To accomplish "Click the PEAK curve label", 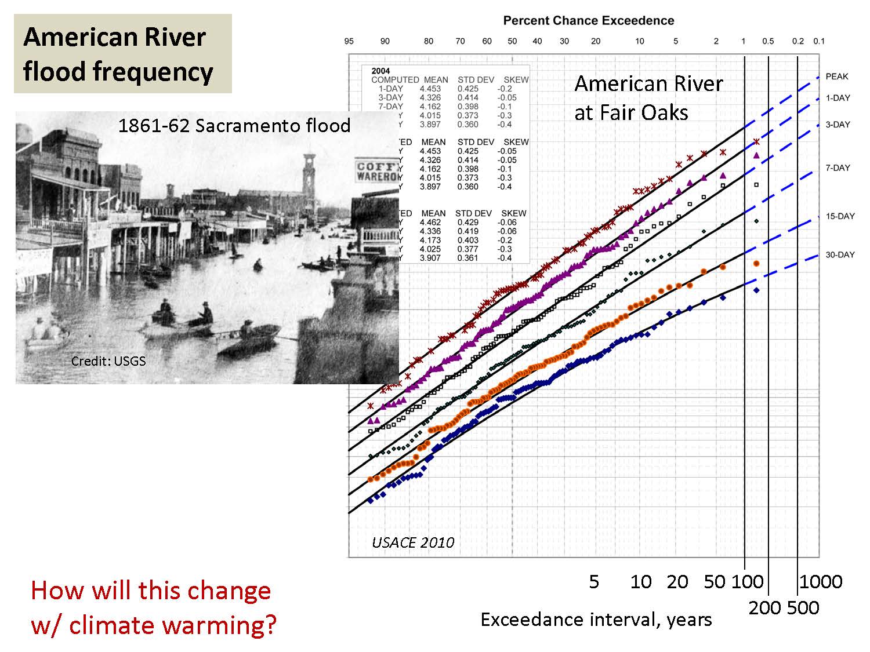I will (x=836, y=77).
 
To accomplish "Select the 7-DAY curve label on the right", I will (x=838, y=168).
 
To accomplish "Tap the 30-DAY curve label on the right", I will (x=840, y=255).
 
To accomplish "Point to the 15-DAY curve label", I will (x=840, y=216).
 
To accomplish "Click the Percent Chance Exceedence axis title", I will (x=588, y=21).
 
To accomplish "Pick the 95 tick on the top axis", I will (x=349, y=41).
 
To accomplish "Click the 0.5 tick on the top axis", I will (x=768, y=41).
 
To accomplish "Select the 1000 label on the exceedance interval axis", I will (x=820, y=581).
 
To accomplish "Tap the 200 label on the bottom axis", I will (x=767, y=608).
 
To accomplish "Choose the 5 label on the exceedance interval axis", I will (x=594, y=581).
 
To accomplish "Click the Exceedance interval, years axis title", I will (x=596, y=620).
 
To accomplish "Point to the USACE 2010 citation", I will (x=413, y=542).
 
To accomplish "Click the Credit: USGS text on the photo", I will (x=108, y=361).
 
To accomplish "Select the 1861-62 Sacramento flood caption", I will (x=234, y=126).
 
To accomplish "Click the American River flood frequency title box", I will (x=123, y=54).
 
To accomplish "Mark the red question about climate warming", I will (x=154, y=607).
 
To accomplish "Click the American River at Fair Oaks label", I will (x=648, y=98).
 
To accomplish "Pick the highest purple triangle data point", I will (x=756, y=155).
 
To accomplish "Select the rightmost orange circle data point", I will (x=756, y=264).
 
